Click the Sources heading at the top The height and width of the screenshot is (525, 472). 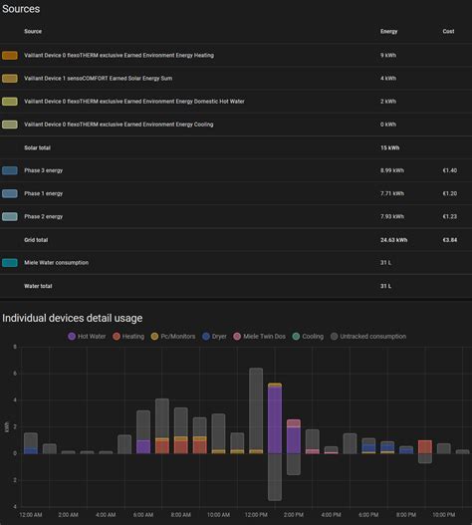coord(21,9)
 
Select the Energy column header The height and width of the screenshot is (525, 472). coord(388,32)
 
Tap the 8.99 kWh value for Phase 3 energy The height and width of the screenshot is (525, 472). coord(392,170)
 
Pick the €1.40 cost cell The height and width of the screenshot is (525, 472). coord(449,170)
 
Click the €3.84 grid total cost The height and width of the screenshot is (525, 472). coord(449,240)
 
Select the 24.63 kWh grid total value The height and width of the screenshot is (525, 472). coord(394,240)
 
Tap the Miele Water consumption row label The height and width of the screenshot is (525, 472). coord(57,263)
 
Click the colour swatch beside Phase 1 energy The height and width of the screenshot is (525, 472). coord(10,193)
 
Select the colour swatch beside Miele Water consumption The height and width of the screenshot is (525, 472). coord(10,263)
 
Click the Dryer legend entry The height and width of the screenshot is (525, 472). coord(215,337)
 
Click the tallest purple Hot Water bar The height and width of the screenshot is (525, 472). coord(274,418)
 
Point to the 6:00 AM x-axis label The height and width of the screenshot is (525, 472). coord(142,515)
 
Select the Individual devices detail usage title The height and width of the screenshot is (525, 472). coord(72,318)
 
